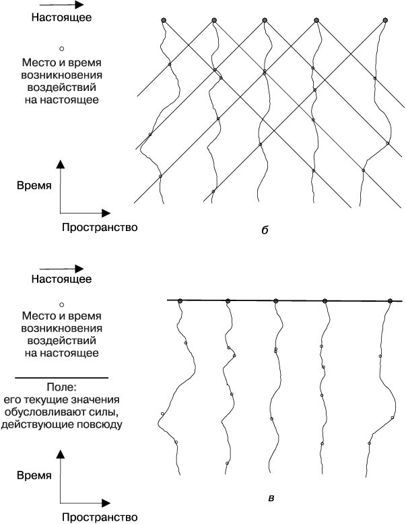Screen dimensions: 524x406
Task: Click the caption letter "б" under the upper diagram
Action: pos(264,231)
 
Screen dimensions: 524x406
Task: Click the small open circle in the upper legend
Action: pos(61,48)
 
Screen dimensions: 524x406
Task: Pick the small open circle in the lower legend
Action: pos(61,304)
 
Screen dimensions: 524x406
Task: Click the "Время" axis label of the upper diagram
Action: pos(35,186)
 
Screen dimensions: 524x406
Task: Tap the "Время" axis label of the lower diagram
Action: pos(34,476)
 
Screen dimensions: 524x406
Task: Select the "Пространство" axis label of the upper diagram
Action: pos(100,227)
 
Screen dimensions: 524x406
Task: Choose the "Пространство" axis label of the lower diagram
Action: pos(100,517)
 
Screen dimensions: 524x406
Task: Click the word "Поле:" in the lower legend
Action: pos(61,389)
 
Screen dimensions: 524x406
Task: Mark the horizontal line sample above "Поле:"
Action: pos(61,377)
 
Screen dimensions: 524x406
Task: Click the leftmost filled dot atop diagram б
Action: pos(164,21)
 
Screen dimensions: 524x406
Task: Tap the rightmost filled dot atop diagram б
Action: pos(385,21)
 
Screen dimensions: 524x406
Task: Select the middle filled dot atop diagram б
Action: pos(264,21)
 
